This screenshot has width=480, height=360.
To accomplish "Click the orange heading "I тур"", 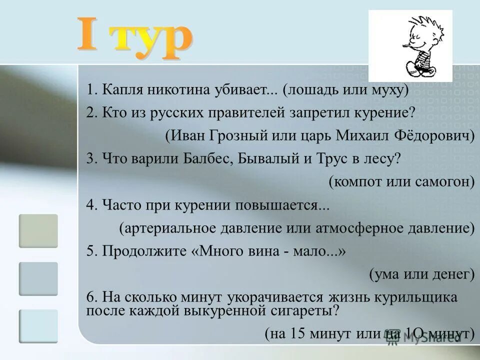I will pos(134,38).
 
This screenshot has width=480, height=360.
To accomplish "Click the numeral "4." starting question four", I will pos(91,205).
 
